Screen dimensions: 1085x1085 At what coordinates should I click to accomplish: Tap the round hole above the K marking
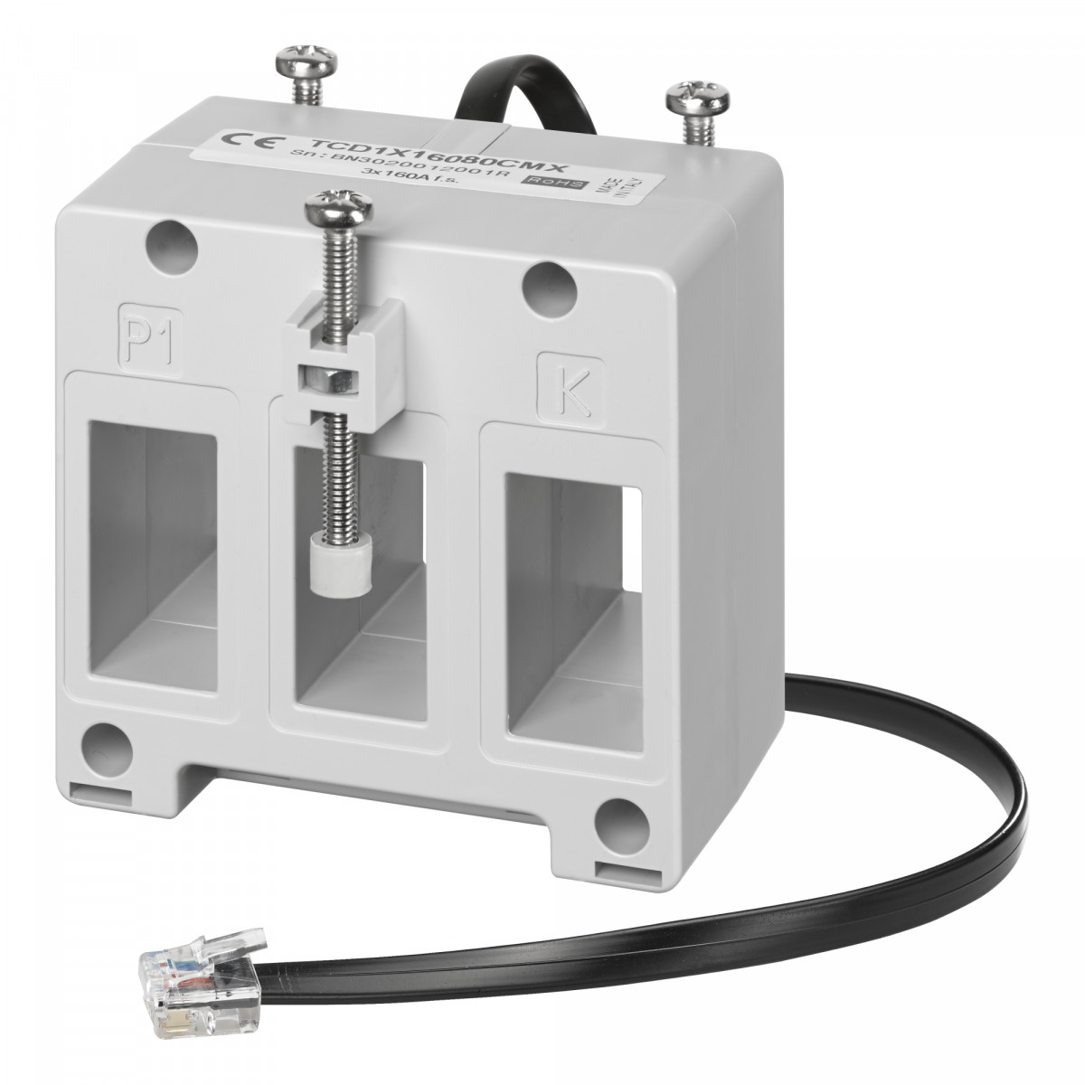pos(552,286)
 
